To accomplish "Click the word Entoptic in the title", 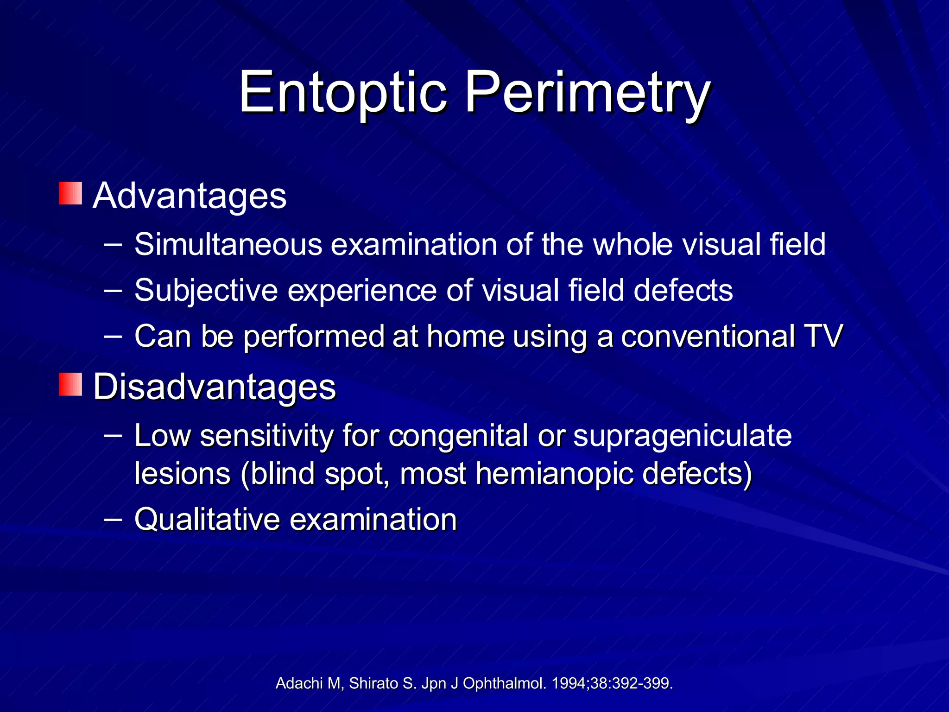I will click(343, 93).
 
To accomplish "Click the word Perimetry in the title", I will click(588, 93).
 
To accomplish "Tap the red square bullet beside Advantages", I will click(70, 193).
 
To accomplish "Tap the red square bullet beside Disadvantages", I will click(70, 384).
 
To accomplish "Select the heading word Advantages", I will click(190, 196).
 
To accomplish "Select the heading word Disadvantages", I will click(215, 387).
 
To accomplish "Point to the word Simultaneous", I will click(228, 244).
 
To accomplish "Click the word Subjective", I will click(206, 291).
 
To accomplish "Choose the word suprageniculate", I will click(682, 437).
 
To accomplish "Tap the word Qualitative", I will click(207, 519).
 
